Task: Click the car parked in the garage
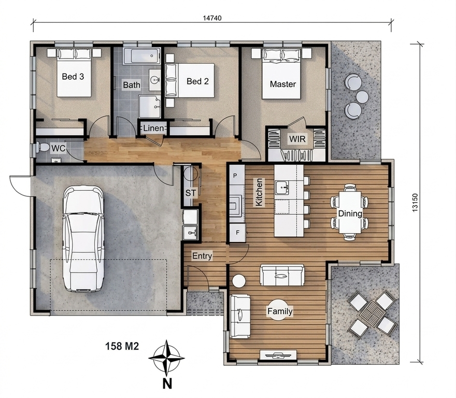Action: click(83, 239)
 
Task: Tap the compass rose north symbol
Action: click(167, 359)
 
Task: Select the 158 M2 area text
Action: click(122, 346)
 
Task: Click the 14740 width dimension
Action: click(212, 18)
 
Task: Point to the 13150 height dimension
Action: click(415, 203)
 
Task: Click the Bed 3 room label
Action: click(73, 77)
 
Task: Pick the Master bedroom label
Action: click(283, 84)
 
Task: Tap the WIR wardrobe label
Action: click(297, 139)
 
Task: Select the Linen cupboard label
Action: click(153, 128)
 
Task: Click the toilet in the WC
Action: click(42, 147)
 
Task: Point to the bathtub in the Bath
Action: click(141, 56)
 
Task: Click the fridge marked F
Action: click(238, 233)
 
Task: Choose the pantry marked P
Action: click(235, 176)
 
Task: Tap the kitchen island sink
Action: click(281, 187)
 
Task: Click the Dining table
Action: click(350, 212)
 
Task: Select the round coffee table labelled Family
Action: click(280, 310)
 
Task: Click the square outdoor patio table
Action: click(373, 314)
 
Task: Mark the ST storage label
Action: click(191, 193)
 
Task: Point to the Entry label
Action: click(202, 256)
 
